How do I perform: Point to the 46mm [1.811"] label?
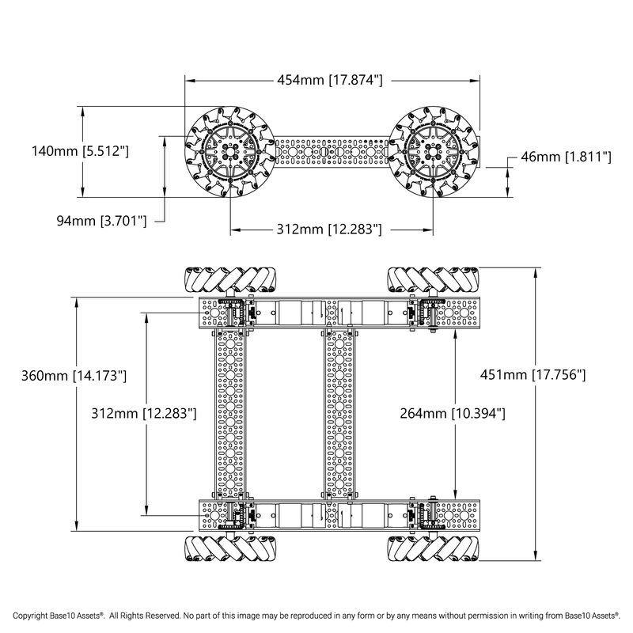click(x=565, y=157)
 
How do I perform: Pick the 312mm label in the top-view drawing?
click(x=145, y=413)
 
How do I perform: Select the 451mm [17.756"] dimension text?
click(x=532, y=374)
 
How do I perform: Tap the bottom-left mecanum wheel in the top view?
click(x=231, y=548)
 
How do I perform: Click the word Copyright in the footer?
click(x=34, y=615)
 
